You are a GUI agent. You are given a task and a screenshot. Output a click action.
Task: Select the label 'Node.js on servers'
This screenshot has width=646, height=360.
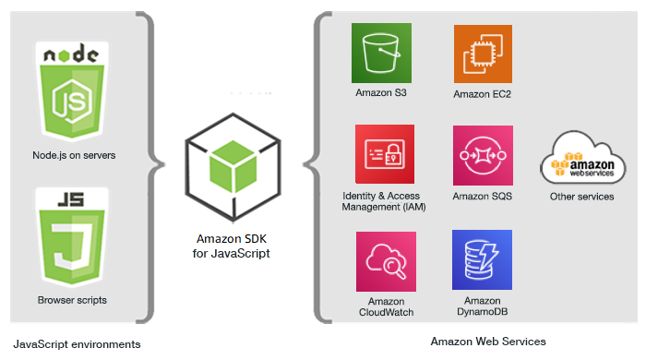pos(74,155)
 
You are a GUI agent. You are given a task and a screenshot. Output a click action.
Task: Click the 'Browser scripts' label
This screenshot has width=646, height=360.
pos(72,300)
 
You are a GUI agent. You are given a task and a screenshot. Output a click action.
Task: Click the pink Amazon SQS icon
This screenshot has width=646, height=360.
pos(483,155)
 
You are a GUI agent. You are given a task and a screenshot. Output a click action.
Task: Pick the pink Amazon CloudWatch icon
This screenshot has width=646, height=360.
pos(385,260)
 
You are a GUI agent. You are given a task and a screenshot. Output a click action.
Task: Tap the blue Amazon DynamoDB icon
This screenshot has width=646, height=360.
pos(483,259)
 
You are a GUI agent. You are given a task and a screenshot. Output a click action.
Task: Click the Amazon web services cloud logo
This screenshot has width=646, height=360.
pos(581,157)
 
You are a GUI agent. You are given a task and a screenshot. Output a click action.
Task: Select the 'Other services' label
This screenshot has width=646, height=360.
pos(581,197)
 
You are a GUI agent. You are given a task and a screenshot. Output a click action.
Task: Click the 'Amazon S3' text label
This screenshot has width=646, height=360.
pos(381,93)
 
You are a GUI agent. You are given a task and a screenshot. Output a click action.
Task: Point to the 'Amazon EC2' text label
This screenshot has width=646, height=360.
pos(483,94)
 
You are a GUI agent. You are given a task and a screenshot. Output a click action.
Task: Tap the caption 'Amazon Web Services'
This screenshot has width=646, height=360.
pos(488,342)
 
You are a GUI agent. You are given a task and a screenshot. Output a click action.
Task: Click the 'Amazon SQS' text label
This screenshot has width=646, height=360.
pos(483,197)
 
